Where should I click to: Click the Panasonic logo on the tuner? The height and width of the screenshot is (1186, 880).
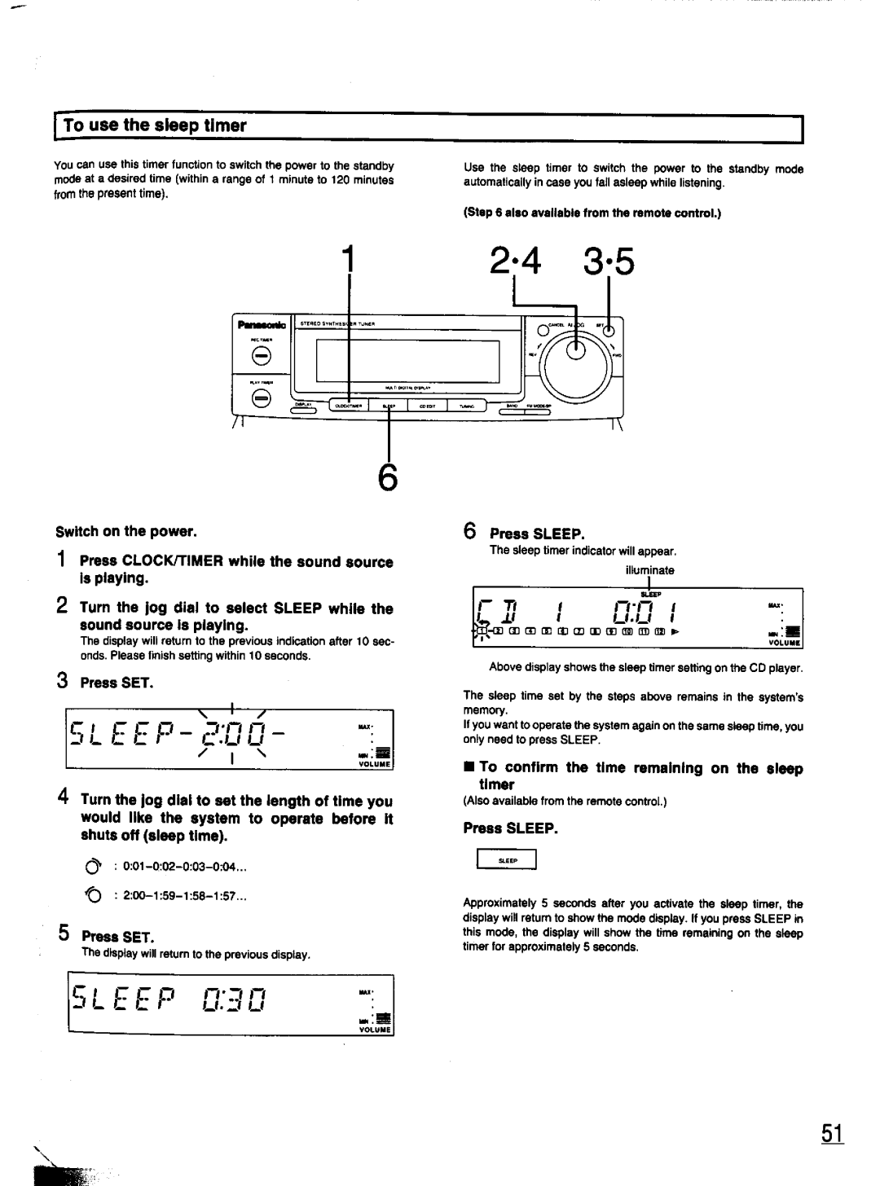(x=254, y=325)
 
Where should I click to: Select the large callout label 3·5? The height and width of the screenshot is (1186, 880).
(x=606, y=263)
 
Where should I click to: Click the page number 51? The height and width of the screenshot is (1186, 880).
(x=832, y=1135)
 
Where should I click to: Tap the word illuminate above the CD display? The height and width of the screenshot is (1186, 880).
(x=649, y=571)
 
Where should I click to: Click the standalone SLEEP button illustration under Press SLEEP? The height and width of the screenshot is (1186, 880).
(x=507, y=859)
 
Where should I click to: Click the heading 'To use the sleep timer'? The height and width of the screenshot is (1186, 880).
(x=154, y=125)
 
